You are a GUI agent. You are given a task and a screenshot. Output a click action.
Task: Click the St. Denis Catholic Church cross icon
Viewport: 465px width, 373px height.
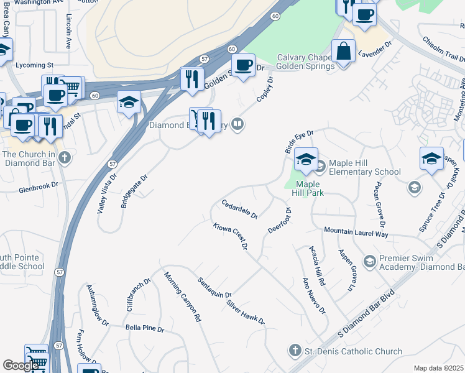click(x=295, y=351)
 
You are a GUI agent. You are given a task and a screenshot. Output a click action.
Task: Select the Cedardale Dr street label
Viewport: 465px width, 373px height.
click(x=239, y=209)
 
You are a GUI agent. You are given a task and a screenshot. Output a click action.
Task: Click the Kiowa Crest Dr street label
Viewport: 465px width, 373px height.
click(x=231, y=237)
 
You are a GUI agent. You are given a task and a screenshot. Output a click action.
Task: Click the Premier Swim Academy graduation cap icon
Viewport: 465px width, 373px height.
click(x=369, y=260)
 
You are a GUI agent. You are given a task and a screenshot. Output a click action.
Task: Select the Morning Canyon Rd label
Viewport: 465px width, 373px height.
click(x=183, y=297)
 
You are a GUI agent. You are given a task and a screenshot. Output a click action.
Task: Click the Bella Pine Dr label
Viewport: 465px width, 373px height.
click(x=144, y=328)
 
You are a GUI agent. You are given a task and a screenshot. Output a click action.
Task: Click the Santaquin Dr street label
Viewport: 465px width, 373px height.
click(x=214, y=286)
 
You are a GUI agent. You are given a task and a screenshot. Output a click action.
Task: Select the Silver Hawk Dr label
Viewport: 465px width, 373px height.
click(x=246, y=313)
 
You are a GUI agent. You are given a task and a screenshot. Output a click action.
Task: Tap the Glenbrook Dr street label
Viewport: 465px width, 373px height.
click(x=38, y=185)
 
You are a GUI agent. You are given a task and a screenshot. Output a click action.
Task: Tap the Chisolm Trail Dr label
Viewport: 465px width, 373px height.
click(x=444, y=48)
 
